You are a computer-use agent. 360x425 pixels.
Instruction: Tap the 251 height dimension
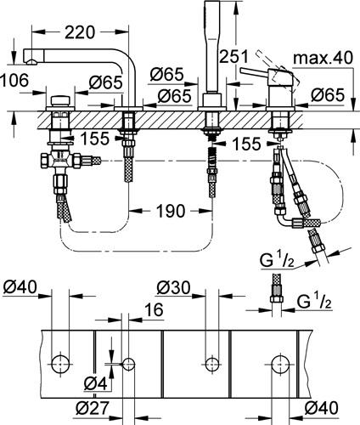[233, 56]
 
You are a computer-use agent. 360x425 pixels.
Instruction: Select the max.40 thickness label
[323, 58]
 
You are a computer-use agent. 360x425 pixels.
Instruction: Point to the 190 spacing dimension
[171, 211]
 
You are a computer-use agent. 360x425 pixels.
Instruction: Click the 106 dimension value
[14, 80]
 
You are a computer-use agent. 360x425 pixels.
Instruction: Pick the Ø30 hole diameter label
[173, 287]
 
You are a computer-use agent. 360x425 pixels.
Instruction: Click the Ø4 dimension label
[96, 384]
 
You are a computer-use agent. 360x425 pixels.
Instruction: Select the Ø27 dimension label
[93, 408]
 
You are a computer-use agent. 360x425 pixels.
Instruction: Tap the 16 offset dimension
[155, 309]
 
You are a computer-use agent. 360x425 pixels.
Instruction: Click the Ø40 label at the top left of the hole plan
[20, 287]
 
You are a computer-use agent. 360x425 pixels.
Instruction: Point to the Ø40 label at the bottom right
[321, 408]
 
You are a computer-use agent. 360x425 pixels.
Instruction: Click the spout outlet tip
[32, 61]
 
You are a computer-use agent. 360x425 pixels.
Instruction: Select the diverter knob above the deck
[60, 101]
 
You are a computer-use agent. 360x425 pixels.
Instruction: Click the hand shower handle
[211, 47]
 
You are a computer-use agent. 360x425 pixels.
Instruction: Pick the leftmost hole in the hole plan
[60, 364]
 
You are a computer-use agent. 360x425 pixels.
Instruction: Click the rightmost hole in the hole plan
[280, 364]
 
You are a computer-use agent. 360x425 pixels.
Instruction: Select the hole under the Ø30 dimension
[211, 364]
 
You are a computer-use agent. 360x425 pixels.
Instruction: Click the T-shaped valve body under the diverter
[60, 161]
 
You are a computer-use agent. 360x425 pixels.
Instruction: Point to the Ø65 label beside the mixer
[328, 95]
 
